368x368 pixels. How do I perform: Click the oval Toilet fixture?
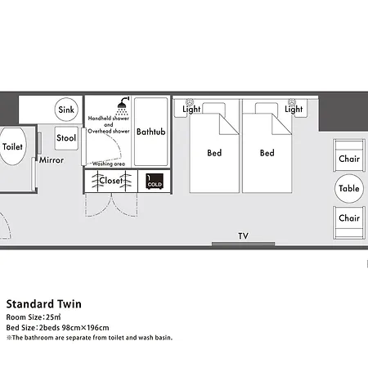click(13, 146)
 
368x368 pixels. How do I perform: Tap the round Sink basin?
click(66, 110)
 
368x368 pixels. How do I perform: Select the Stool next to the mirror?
click(66, 138)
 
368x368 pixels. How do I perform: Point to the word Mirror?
click(52, 160)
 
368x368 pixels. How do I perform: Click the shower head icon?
click(123, 105)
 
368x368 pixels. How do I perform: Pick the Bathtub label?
click(151, 132)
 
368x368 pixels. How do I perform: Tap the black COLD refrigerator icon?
click(155, 182)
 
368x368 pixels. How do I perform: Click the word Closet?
click(111, 181)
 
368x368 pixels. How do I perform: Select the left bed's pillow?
click(214, 108)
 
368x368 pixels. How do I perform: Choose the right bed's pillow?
click(267, 108)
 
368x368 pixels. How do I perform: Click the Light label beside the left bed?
click(191, 110)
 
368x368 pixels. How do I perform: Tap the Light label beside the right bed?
click(294, 110)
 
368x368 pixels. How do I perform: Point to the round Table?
click(349, 188)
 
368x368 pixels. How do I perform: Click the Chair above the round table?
click(349, 155)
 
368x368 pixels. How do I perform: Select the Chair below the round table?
click(349, 223)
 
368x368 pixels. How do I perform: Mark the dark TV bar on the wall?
click(243, 244)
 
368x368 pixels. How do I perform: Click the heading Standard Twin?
click(44, 304)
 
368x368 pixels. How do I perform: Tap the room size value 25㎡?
click(53, 317)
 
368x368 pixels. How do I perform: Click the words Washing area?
click(109, 164)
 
